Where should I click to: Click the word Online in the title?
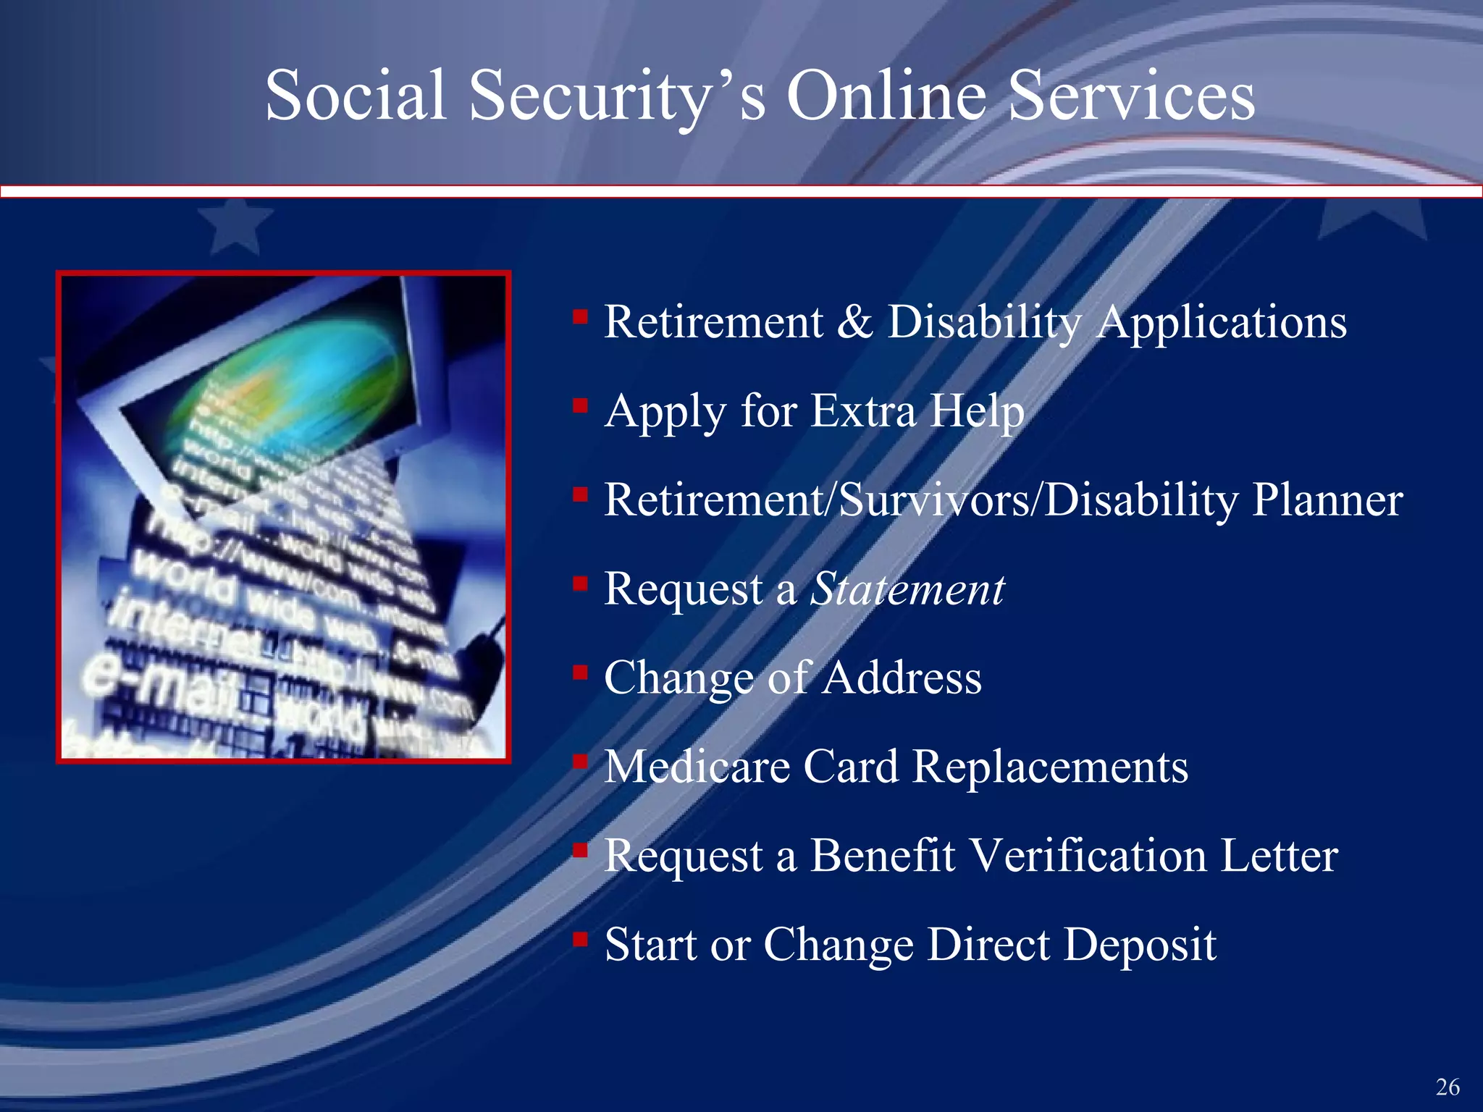coord(886,96)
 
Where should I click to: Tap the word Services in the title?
coord(1131,96)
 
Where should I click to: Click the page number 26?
coord(1448,1087)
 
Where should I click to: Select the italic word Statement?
coord(907,589)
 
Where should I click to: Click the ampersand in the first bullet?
coord(854,321)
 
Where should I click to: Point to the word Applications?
coord(1221,323)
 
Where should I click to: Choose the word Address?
coord(902,678)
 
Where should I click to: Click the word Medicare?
coord(697,767)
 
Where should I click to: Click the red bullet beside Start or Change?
coord(579,939)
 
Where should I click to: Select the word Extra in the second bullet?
coord(862,410)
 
